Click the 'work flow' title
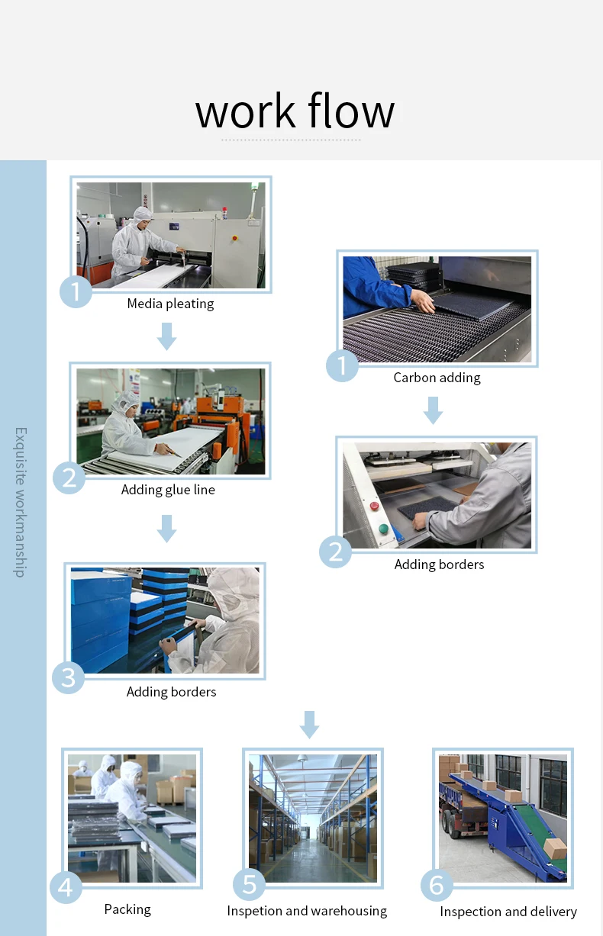click(295, 111)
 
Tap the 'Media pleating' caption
click(171, 304)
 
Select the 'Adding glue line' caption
click(168, 490)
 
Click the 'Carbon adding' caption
click(437, 378)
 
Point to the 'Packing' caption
click(127, 909)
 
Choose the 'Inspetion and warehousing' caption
click(307, 911)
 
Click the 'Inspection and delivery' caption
click(508, 912)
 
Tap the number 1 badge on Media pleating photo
click(76, 291)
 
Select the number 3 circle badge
click(68, 677)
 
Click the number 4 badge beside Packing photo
click(66, 887)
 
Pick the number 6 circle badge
click(437, 885)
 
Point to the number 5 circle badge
click(250, 884)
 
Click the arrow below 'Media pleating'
click(167, 336)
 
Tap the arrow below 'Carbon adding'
click(434, 410)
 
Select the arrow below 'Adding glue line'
click(167, 529)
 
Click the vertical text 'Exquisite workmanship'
click(21, 502)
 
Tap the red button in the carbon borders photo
click(374, 506)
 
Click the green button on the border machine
click(383, 529)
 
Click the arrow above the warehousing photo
click(309, 725)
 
